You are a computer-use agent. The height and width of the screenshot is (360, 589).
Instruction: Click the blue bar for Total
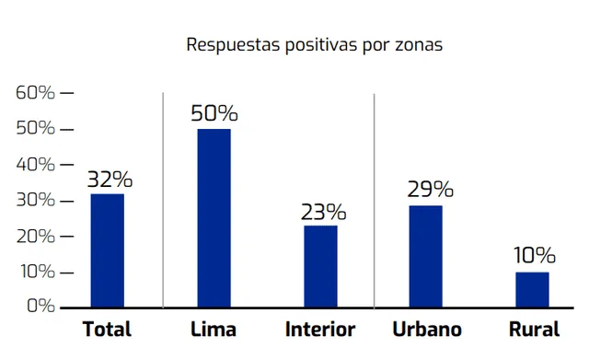(107, 250)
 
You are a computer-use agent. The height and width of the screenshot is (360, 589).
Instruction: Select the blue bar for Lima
(214, 217)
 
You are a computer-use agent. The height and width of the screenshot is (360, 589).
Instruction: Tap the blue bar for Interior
(320, 265)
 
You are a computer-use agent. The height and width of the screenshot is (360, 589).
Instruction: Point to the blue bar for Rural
(532, 289)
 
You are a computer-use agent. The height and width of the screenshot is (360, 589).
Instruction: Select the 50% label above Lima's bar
(214, 114)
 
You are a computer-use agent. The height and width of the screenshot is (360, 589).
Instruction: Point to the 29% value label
(429, 190)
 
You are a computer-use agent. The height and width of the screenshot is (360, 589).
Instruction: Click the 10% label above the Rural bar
(534, 256)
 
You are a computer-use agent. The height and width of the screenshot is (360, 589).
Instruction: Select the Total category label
(108, 330)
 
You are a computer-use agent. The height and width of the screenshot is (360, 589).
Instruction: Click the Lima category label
(214, 330)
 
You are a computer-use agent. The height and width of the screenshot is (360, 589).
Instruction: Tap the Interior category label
(320, 330)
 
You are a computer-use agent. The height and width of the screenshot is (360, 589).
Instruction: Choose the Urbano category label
(427, 330)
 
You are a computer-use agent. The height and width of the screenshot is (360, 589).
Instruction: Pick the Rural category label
(533, 330)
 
